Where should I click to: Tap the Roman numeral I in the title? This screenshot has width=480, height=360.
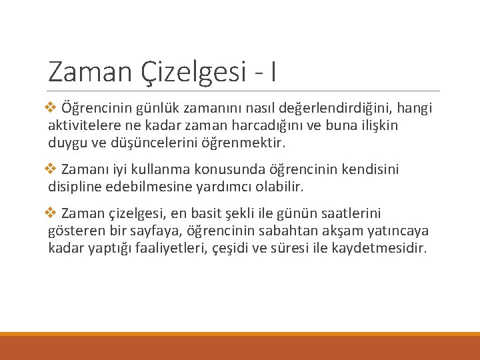[x=273, y=71]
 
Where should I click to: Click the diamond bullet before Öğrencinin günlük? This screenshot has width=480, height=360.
[x=53, y=107]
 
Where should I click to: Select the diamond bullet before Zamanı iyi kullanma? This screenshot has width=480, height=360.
[x=53, y=170]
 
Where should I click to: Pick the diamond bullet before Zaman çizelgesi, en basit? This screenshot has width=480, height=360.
[x=53, y=213]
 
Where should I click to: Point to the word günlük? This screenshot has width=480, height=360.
[x=154, y=108]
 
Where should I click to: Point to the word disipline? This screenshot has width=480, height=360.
[x=75, y=187]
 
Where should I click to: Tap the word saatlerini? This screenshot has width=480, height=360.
[x=347, y=214]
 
